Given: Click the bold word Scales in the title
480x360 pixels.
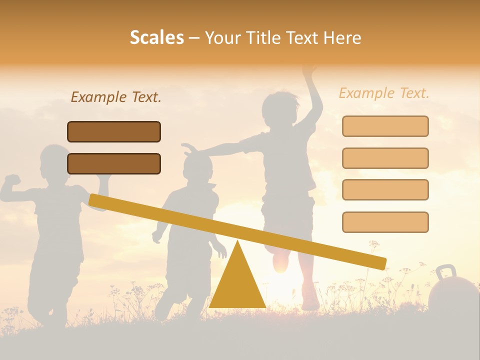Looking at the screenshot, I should tap(156, 37).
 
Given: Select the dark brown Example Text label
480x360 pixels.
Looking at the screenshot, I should tap(116, 97).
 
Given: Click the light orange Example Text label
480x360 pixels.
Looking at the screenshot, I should tap(384, 93).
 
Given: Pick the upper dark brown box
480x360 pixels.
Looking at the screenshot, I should tap(114, 131).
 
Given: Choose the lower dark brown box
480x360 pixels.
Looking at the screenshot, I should tap(114, 163).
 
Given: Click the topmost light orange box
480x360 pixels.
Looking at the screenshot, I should tap(385, 126).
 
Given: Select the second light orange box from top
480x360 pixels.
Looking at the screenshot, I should tap(385, 158).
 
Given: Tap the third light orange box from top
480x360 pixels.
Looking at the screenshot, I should tap(385, 189).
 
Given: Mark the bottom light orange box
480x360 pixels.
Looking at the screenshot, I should tap(385, 222).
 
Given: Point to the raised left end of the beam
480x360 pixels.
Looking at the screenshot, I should tap(95, 200).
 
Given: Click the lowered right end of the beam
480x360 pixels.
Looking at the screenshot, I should tap(380, 263).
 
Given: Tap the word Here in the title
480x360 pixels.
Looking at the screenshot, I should tap(341, 37).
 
